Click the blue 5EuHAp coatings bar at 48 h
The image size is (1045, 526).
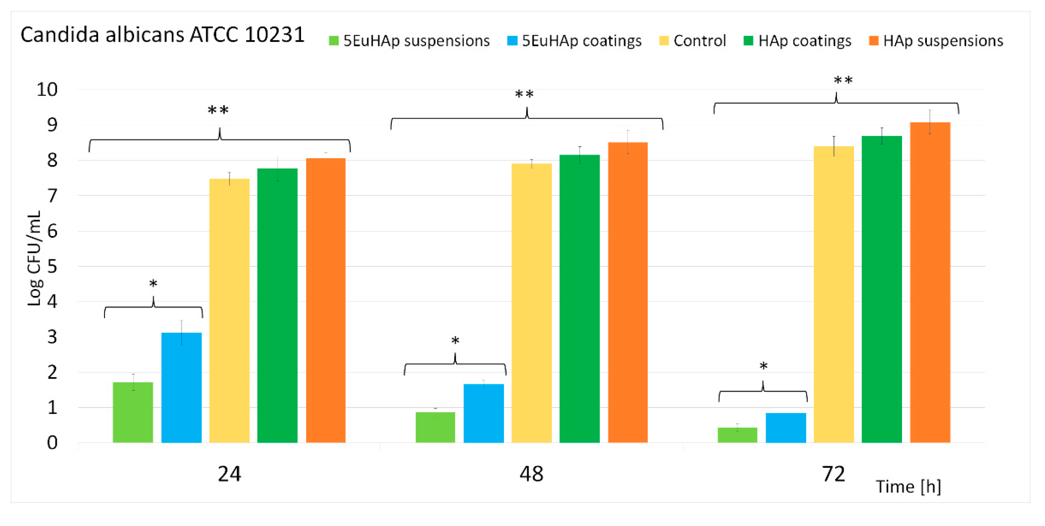click(484, 413)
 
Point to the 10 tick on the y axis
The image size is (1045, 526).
click(47, 89)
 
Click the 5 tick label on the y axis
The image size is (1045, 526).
click(52, 267)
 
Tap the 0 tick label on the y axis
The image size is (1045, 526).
click(52, 443)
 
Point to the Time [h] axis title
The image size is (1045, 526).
click(908, 486)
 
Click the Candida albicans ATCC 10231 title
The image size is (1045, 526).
click(162, 35)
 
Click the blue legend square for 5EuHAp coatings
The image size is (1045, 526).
click(512, 40)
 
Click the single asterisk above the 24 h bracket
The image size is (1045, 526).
click(153, 284)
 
